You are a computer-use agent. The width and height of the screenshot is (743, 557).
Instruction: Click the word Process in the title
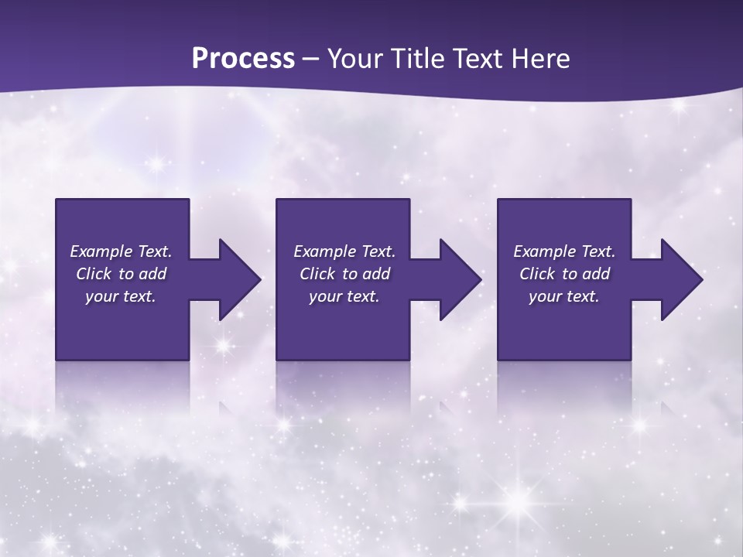click(x=243, y=59)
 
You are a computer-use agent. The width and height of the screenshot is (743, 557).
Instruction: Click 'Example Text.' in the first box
click(x=121, y=251)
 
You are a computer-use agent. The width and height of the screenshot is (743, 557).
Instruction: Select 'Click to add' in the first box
click(x=121, y=274)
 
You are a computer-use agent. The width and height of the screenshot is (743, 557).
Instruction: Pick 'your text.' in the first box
click(x=121, y=296)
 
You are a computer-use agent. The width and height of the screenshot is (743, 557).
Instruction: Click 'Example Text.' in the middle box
click(x=344, y=251)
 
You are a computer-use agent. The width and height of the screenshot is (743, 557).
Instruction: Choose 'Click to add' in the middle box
click(x=344, y=274)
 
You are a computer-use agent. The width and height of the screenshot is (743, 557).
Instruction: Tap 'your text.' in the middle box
click(x=344, y=296)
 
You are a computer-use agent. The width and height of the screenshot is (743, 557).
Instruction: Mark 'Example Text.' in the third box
click(x=564, y=251)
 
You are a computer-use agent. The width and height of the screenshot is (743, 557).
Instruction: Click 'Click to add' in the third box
click(x=564, y=274)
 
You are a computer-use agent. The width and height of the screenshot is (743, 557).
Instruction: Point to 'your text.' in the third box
click(x=564, y=296)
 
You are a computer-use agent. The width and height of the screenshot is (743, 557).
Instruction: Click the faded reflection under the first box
click(x=122, y=387)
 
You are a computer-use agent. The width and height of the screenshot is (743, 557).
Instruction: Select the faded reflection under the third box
click(x=564, y=387)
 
